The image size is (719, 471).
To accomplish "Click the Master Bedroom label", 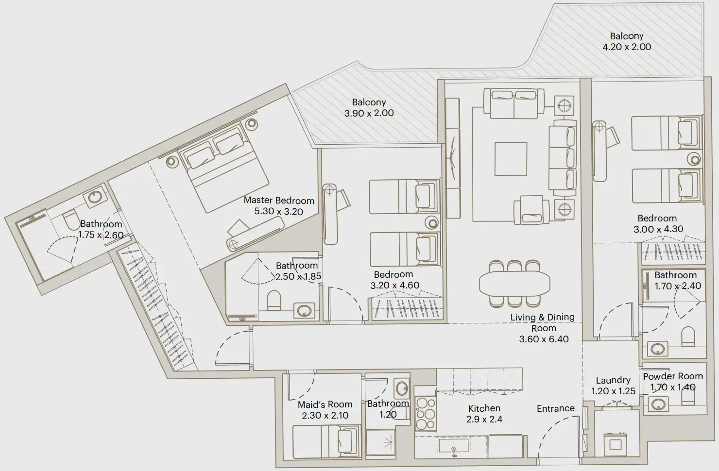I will [x=278, y=201].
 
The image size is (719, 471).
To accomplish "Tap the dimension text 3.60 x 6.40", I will [x=544, y=339].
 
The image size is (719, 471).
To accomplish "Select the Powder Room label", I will [x=673, y=376].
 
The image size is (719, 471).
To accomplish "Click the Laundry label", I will [x=613, y=380].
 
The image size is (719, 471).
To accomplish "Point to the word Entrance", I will [x=555, y=409].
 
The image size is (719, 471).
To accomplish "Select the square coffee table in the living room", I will [x=511, y=159].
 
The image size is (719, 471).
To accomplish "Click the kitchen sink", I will [x=453, y=445].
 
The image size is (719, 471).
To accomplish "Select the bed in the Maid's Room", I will [x=326, y=442].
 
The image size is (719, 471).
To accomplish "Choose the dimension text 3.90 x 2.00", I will [x=369, y=113].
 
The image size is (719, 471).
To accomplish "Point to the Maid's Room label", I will [x=325, y=404].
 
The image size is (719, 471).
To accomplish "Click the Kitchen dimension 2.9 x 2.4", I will [x=484, y=420].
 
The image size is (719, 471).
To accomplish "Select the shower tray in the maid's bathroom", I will [x=387, y=443].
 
